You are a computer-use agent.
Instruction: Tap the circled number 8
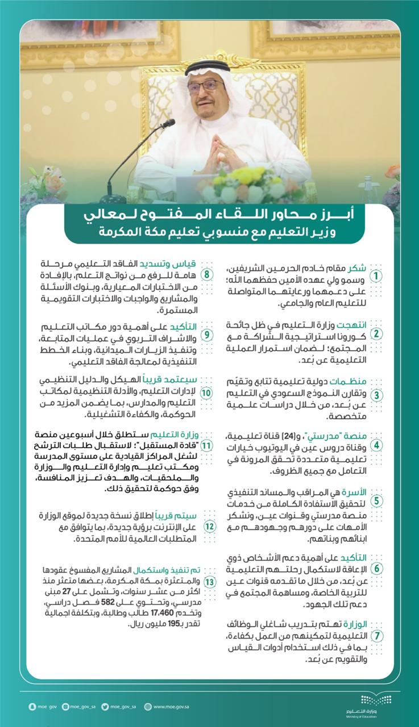tap(208, 275)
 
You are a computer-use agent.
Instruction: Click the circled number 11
tap(209, 446)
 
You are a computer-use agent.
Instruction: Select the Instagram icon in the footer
tap(67, 707)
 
